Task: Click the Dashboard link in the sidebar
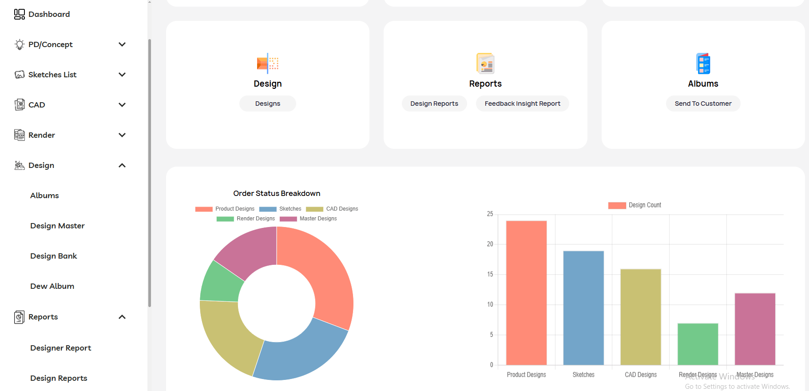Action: click(x=49, y=14)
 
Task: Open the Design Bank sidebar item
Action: click(x=53, y=256)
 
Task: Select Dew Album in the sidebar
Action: click(x=52, y=286)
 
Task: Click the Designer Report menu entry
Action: click(x=60, y=348)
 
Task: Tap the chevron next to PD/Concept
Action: click(x=122, y=44)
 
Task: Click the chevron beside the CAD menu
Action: click(x=122, y=105)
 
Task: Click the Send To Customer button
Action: click(x=703, y=104)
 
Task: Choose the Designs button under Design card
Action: click(x=267, y=104)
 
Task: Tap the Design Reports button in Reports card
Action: click(x=434, y=104)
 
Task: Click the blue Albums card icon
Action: click(x=703, y=64)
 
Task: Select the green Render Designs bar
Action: click(x=698, y=344)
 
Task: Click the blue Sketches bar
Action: click(x=583, y=307)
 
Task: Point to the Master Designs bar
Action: click(x=755, y=329)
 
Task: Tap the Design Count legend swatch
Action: click(x=617, y=205)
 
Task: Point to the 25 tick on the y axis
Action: click(x=490, y=214)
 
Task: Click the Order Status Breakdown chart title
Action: click(x=277, y=193)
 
